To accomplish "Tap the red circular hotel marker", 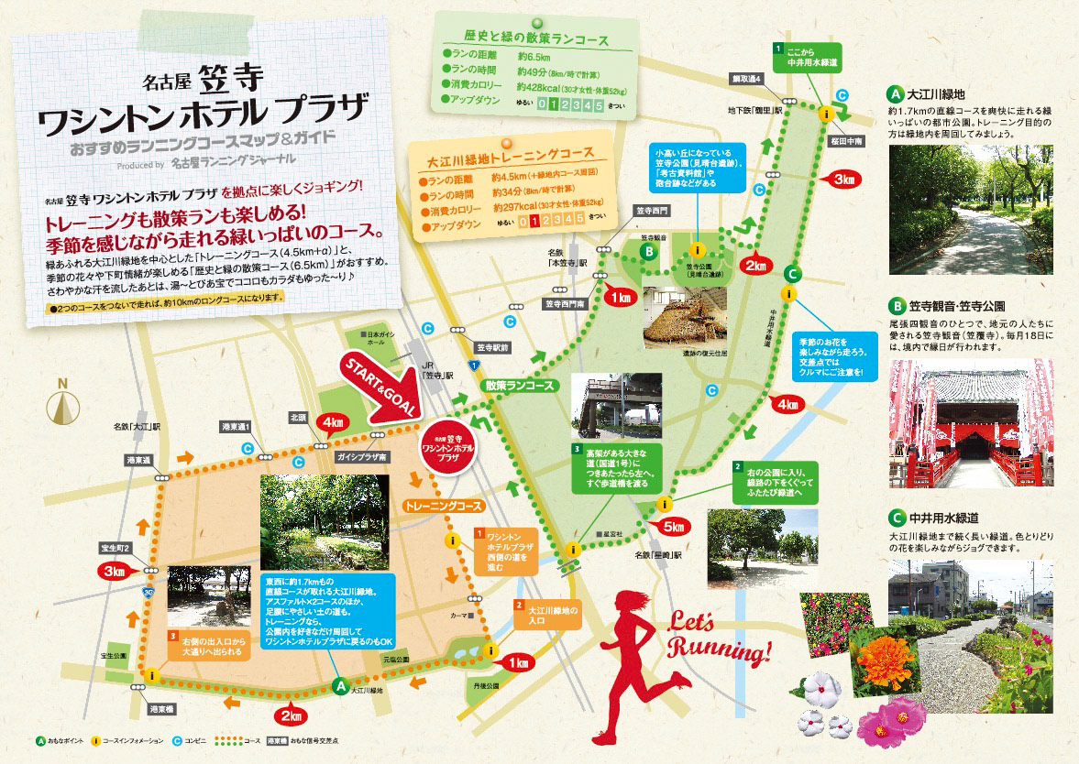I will pos(446,446).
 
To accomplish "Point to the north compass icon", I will pos(62,404).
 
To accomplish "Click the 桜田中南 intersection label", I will pos(843,143).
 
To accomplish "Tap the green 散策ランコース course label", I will pos(520,386).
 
